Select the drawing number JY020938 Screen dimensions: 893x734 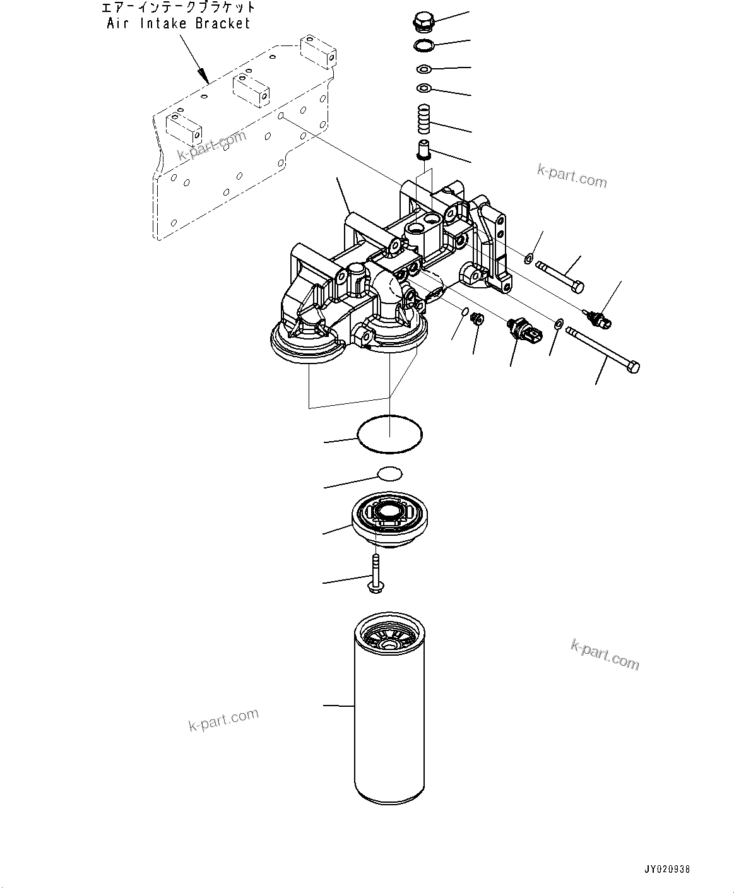(668, 869)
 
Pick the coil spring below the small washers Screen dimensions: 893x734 (424, 119)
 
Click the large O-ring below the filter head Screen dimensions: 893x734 (389, 434)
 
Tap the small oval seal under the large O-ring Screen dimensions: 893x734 (389, 473)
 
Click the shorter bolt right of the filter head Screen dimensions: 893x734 (560, 277)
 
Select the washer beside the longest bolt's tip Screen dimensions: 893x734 (559, 324)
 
